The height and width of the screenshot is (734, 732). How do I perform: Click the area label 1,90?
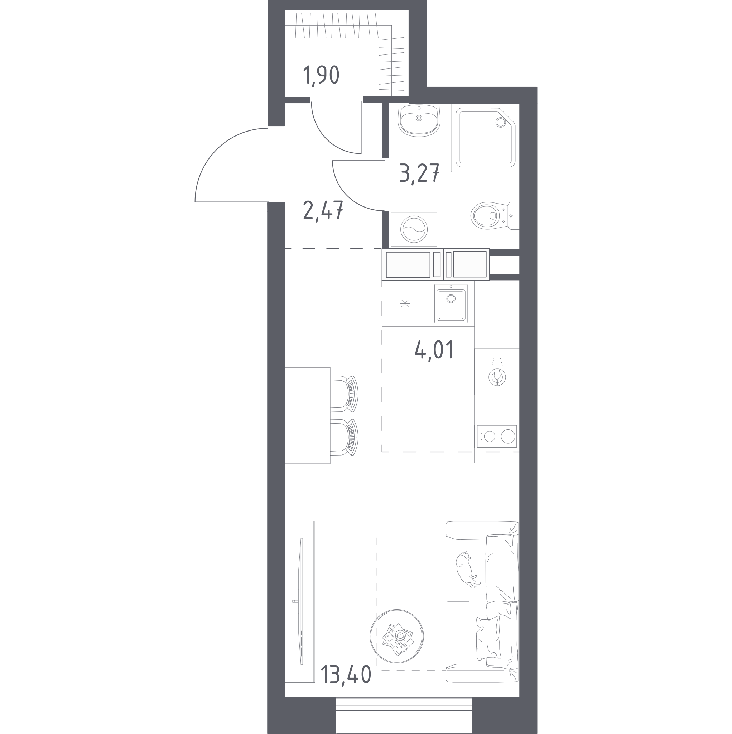[x=321, y=76]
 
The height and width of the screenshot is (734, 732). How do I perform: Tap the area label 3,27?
[x=419, y=173]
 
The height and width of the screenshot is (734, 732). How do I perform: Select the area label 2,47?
[x=323, y=210]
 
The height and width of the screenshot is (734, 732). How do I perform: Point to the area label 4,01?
[x=434, y=350]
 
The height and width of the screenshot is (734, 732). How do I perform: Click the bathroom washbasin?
[x=419, y=120]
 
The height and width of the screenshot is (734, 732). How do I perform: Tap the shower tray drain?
[x=500, y=122]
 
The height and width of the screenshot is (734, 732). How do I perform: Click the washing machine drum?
[x=414, y=229]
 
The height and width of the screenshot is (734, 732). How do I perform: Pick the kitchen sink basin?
[x=451, y=305]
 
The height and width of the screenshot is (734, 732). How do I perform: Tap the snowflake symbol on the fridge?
[x=405, y=303]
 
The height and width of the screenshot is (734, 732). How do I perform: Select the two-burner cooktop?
[x=497, y=436]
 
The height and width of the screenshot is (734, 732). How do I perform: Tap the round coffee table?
[x=397, y=636]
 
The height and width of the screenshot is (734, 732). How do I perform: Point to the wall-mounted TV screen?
[x=302, y=601]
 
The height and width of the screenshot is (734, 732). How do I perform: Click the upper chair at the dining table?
[x=344, y=394]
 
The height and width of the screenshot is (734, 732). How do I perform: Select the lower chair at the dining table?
[x=344, y=437]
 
